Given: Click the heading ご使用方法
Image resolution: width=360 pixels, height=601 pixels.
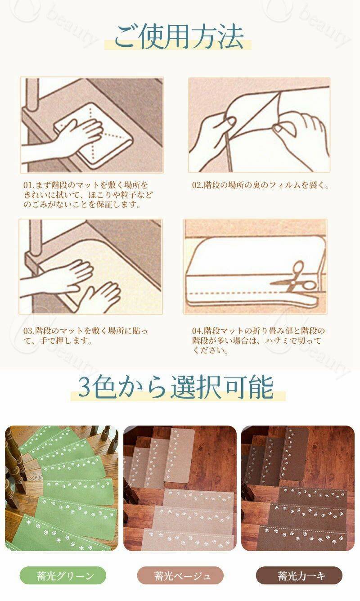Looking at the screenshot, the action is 179,36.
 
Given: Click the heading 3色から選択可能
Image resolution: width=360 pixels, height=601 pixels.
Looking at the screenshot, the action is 176,387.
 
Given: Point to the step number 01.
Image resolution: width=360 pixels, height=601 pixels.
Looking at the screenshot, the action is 28,185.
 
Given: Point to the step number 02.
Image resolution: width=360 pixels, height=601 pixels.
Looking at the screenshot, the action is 197,185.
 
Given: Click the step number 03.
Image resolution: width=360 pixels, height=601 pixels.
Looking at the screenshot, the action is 28,331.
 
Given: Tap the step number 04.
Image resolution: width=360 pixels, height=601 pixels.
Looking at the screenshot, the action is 197,331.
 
